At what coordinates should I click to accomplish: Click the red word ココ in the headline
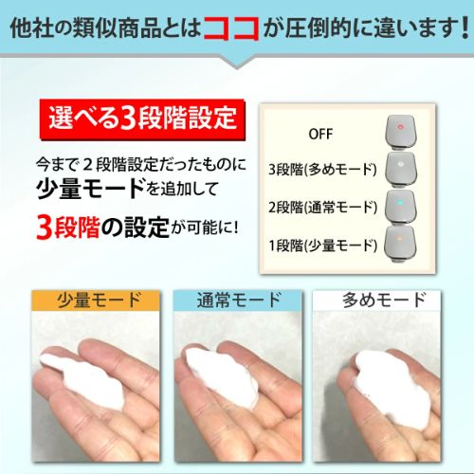230,28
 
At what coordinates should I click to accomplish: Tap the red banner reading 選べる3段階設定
142,119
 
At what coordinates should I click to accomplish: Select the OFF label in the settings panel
320,134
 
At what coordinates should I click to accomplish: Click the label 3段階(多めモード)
322,170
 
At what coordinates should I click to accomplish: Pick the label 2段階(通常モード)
322,208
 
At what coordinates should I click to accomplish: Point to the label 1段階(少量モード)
322,246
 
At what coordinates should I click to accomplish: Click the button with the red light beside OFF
401,132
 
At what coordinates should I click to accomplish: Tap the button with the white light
401,170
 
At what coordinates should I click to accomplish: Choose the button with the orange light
400,244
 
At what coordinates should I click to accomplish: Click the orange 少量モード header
96,301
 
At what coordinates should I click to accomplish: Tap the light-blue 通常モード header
238,301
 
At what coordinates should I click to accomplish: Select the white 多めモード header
376,301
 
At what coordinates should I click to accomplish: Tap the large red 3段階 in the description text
68,227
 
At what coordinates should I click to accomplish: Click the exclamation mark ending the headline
465,28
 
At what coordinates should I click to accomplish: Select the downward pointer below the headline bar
237,63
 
